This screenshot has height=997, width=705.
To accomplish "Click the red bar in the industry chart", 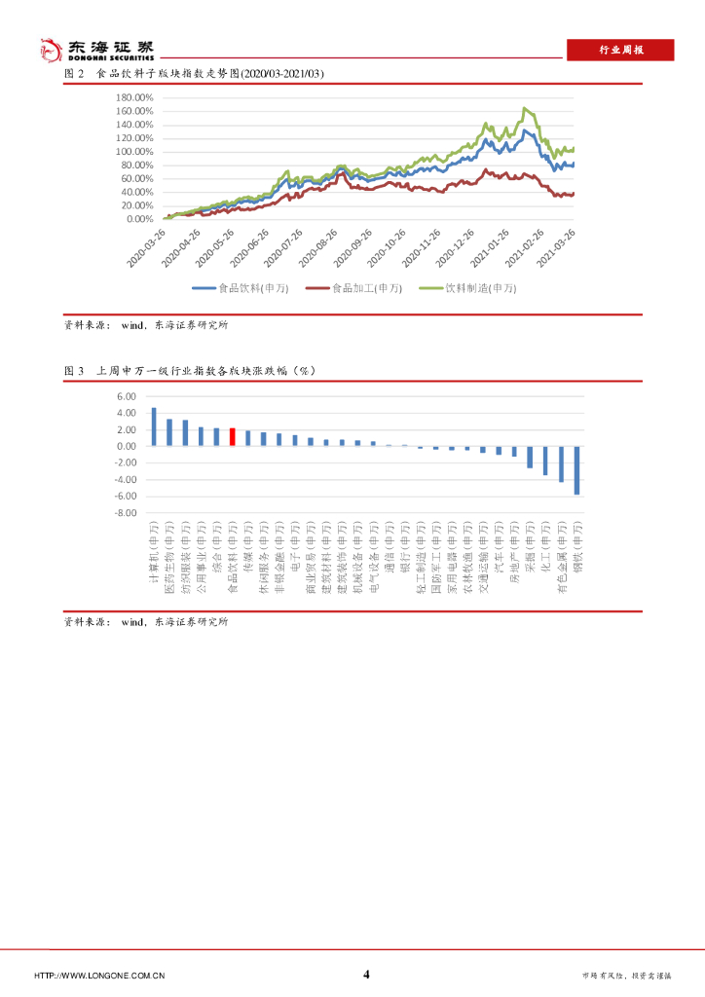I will pos(232,436).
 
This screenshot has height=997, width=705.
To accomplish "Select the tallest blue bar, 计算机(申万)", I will pos(154,426).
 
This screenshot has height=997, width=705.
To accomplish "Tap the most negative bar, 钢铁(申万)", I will pos(577,470).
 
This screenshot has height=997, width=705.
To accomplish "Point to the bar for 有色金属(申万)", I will pos(562,463).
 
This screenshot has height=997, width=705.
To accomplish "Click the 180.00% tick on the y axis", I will pos(134,97).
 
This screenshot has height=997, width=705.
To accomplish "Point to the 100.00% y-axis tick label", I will pos(134,152).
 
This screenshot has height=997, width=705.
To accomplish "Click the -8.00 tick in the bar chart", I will pos(128,512).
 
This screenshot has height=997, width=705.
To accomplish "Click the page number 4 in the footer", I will pos(366,975).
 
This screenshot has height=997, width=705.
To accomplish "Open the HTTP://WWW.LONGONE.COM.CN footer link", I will pos(99,976).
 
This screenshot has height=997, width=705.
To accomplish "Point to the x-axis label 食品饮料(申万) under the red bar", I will pos(233,556).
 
